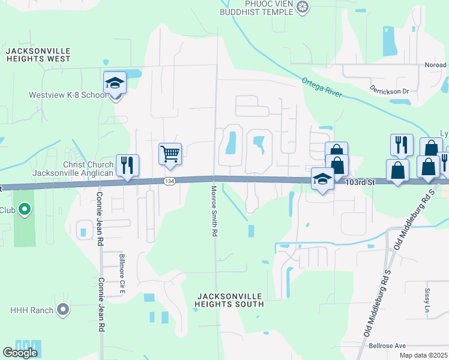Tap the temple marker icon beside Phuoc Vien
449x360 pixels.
[x=304, y=7]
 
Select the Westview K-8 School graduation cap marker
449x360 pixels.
[x=115, y=83]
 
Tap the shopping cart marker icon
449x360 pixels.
[x=170, y=154]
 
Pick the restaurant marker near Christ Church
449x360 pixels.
[x=127, y=165]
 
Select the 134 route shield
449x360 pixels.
[x=170, y=181]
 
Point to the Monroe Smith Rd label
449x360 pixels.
[x=214, y=211]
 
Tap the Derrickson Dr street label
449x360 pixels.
[x=389, y=91]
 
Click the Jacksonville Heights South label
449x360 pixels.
[x=229, y=300]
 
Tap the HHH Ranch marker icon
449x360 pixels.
[x=62, y=310]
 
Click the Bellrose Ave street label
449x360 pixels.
[x=387, y=346]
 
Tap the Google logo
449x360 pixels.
[x=20, y=353]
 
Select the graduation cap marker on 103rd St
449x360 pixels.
[x=323, y=179]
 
